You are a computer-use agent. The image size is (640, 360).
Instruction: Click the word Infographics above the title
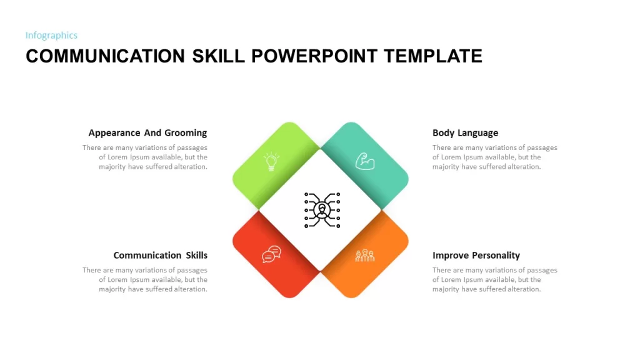tap(51, 36)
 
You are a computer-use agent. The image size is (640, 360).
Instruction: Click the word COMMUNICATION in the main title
tap(105, 56)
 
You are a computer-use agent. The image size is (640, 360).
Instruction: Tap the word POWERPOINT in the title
tap(314, 56)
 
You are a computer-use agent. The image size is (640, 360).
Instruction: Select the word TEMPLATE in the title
tap(433, 56)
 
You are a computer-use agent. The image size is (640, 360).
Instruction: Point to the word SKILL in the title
tap(218, 56)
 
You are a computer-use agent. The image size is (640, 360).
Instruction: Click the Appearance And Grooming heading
tap(147, 133)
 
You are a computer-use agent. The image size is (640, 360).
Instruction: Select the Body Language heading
tap(465, 133)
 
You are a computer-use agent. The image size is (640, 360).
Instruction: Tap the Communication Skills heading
tap(161, 256)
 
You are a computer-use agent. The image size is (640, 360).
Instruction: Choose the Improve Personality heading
tap(476, 256)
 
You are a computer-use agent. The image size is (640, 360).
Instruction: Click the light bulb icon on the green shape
tap(271, 161)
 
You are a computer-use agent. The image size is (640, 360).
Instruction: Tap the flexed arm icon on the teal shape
tap(365, 161)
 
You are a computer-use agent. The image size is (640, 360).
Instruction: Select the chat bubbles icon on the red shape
tap(271, 254)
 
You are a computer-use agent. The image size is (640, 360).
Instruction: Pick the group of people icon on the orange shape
tap(365, 256)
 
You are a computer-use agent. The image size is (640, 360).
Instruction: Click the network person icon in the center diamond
tap(322, 210)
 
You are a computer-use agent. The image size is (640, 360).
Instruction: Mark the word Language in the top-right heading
tap(478, 133)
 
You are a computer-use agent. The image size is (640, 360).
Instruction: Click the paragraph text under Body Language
tap(495, 157)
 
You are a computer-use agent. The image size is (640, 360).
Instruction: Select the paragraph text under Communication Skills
tap(145, 279)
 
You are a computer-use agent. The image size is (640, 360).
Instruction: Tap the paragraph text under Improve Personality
tap(495, 279)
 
